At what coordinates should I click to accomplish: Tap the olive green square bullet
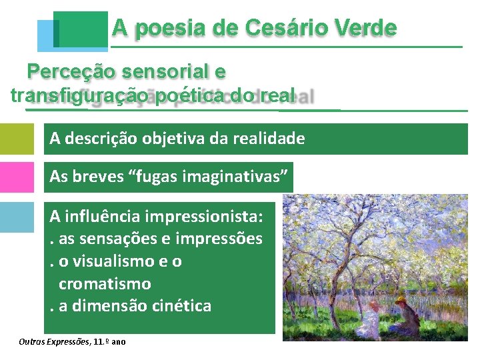click(17, 139)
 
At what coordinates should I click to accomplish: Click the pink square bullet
click(17, 178)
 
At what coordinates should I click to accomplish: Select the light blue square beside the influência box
click(17, 217)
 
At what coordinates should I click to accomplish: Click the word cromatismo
click(105, 284)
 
